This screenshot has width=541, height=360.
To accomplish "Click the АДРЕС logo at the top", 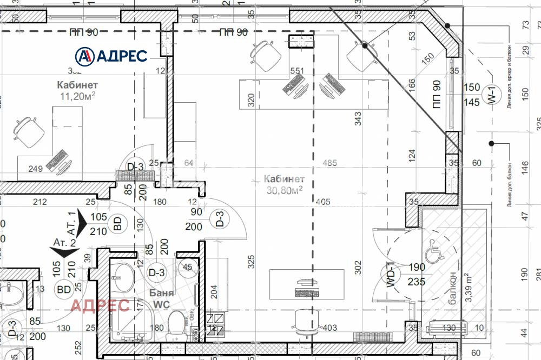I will point(111,55).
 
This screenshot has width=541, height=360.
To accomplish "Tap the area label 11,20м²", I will point(77,96).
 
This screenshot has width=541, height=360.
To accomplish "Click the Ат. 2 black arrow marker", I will point(64,250).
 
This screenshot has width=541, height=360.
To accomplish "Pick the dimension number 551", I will point(298,71).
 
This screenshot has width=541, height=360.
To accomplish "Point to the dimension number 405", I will point(323,202).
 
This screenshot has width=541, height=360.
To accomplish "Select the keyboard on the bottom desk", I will point(306,292).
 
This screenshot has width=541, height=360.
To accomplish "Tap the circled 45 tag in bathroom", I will point(188,267).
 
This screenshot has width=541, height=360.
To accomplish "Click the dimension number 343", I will point(358,119).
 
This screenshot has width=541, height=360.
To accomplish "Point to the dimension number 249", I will point(35,169).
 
